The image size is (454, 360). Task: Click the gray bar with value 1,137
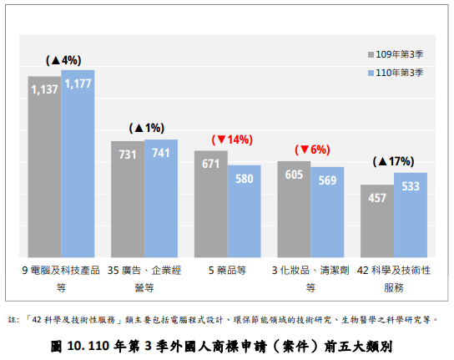[x=44, y=167]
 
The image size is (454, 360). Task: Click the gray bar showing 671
[x=210, y=204]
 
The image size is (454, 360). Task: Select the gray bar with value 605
[x=294, y=209]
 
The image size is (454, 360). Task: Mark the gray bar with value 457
[x=377, y=221]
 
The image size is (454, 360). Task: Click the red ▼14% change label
[x=232, y=140]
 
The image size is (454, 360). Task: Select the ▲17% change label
[x=394, y=161]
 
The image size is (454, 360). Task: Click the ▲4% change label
[x=63, y=60]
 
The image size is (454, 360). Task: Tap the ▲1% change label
[x=146, y=129]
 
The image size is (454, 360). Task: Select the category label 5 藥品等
[x=227, y=271]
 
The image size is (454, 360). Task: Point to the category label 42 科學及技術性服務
[x=394, y=278]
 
